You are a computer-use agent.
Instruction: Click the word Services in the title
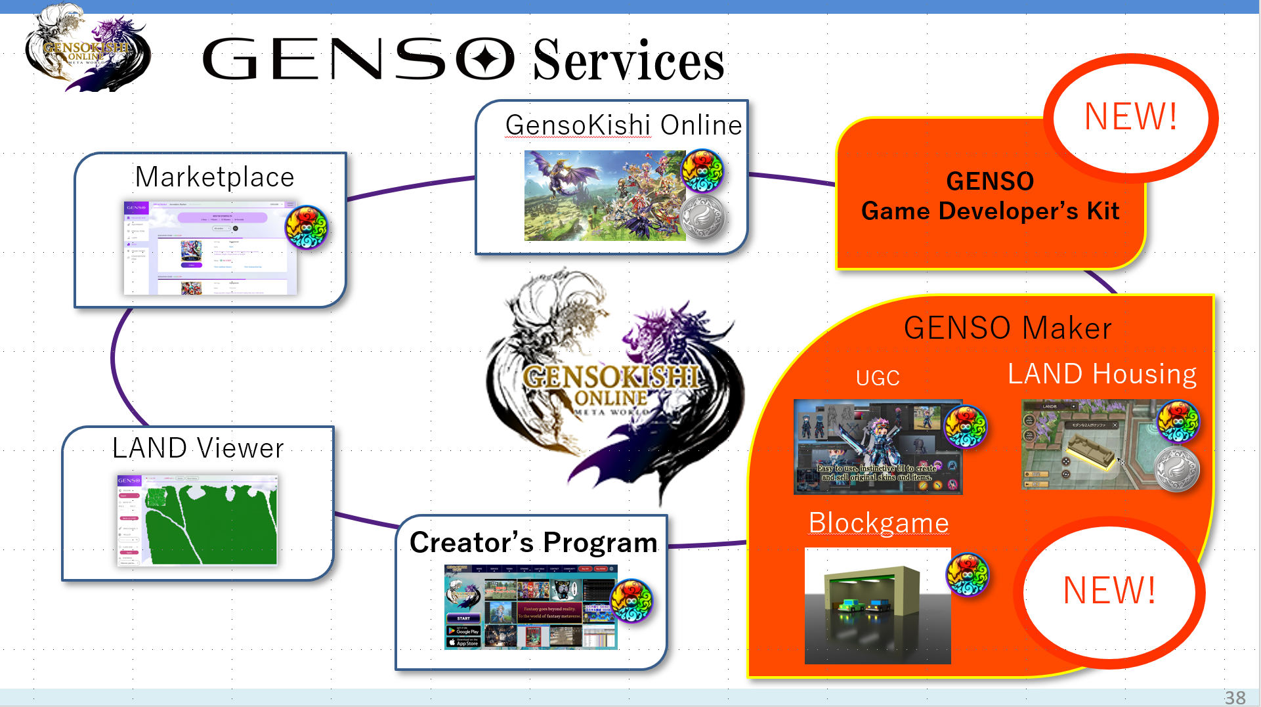[628, 60]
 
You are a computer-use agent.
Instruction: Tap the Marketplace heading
[215, 177]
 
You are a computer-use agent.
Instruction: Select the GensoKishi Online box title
[623, 125]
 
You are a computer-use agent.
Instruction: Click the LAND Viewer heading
[198, 448]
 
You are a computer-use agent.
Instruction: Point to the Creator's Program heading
[533, 542]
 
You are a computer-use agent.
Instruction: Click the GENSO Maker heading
[1007, 328]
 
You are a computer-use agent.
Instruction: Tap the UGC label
[878, 378]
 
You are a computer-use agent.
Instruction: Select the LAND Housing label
[1101, 374]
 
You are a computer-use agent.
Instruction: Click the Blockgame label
[878, 523]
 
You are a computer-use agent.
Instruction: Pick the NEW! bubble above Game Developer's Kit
[1130, 117]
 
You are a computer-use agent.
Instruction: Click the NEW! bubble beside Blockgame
[1109, 590]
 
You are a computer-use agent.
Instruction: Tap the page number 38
[1235, 697]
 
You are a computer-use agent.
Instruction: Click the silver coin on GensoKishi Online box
[702, 217]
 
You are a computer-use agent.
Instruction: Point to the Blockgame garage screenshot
[877, 605]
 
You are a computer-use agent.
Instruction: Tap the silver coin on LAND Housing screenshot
[1177, 469]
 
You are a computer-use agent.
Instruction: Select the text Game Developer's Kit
[990, 211]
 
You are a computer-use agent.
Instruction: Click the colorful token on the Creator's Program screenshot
[631, 601]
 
